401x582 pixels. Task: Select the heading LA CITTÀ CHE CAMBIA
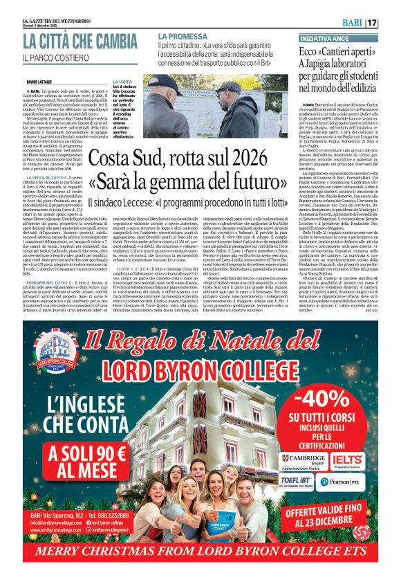(80, 42)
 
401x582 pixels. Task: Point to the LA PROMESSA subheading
(182, 35)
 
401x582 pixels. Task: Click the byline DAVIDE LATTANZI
(41, 82)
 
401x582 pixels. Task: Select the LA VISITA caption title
(125, 82)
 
